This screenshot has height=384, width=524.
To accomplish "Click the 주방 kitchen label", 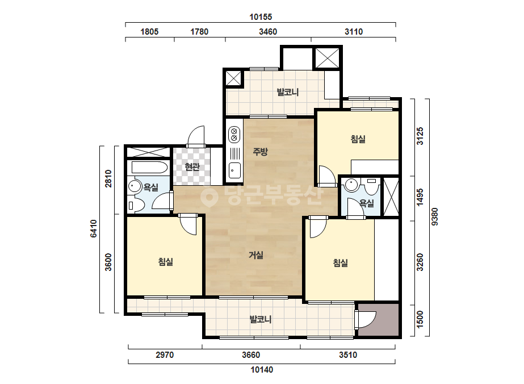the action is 260,152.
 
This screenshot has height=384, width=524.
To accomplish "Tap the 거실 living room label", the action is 256,255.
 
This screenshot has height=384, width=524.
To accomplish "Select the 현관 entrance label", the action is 192,166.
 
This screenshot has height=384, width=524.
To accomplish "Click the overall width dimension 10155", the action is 261,16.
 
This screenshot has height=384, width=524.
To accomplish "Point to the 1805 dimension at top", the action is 149,32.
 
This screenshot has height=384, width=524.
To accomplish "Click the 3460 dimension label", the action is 268,32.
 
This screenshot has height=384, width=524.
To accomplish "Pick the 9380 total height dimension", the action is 435,217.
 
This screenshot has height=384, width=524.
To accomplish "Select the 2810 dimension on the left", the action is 108,178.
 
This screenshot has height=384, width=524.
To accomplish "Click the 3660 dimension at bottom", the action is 251,355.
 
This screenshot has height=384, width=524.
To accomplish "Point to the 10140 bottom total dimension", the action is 262,370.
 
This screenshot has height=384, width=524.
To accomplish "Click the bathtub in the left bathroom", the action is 149,167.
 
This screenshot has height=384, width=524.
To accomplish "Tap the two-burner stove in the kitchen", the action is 234,134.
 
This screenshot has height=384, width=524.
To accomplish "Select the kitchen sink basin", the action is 234,170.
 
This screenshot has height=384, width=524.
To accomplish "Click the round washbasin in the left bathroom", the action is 135,186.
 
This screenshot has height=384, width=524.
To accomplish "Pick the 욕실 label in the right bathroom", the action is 367,203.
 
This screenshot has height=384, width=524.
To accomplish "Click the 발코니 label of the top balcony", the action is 288,92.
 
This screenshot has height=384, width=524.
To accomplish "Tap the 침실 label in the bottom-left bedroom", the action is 166,261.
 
